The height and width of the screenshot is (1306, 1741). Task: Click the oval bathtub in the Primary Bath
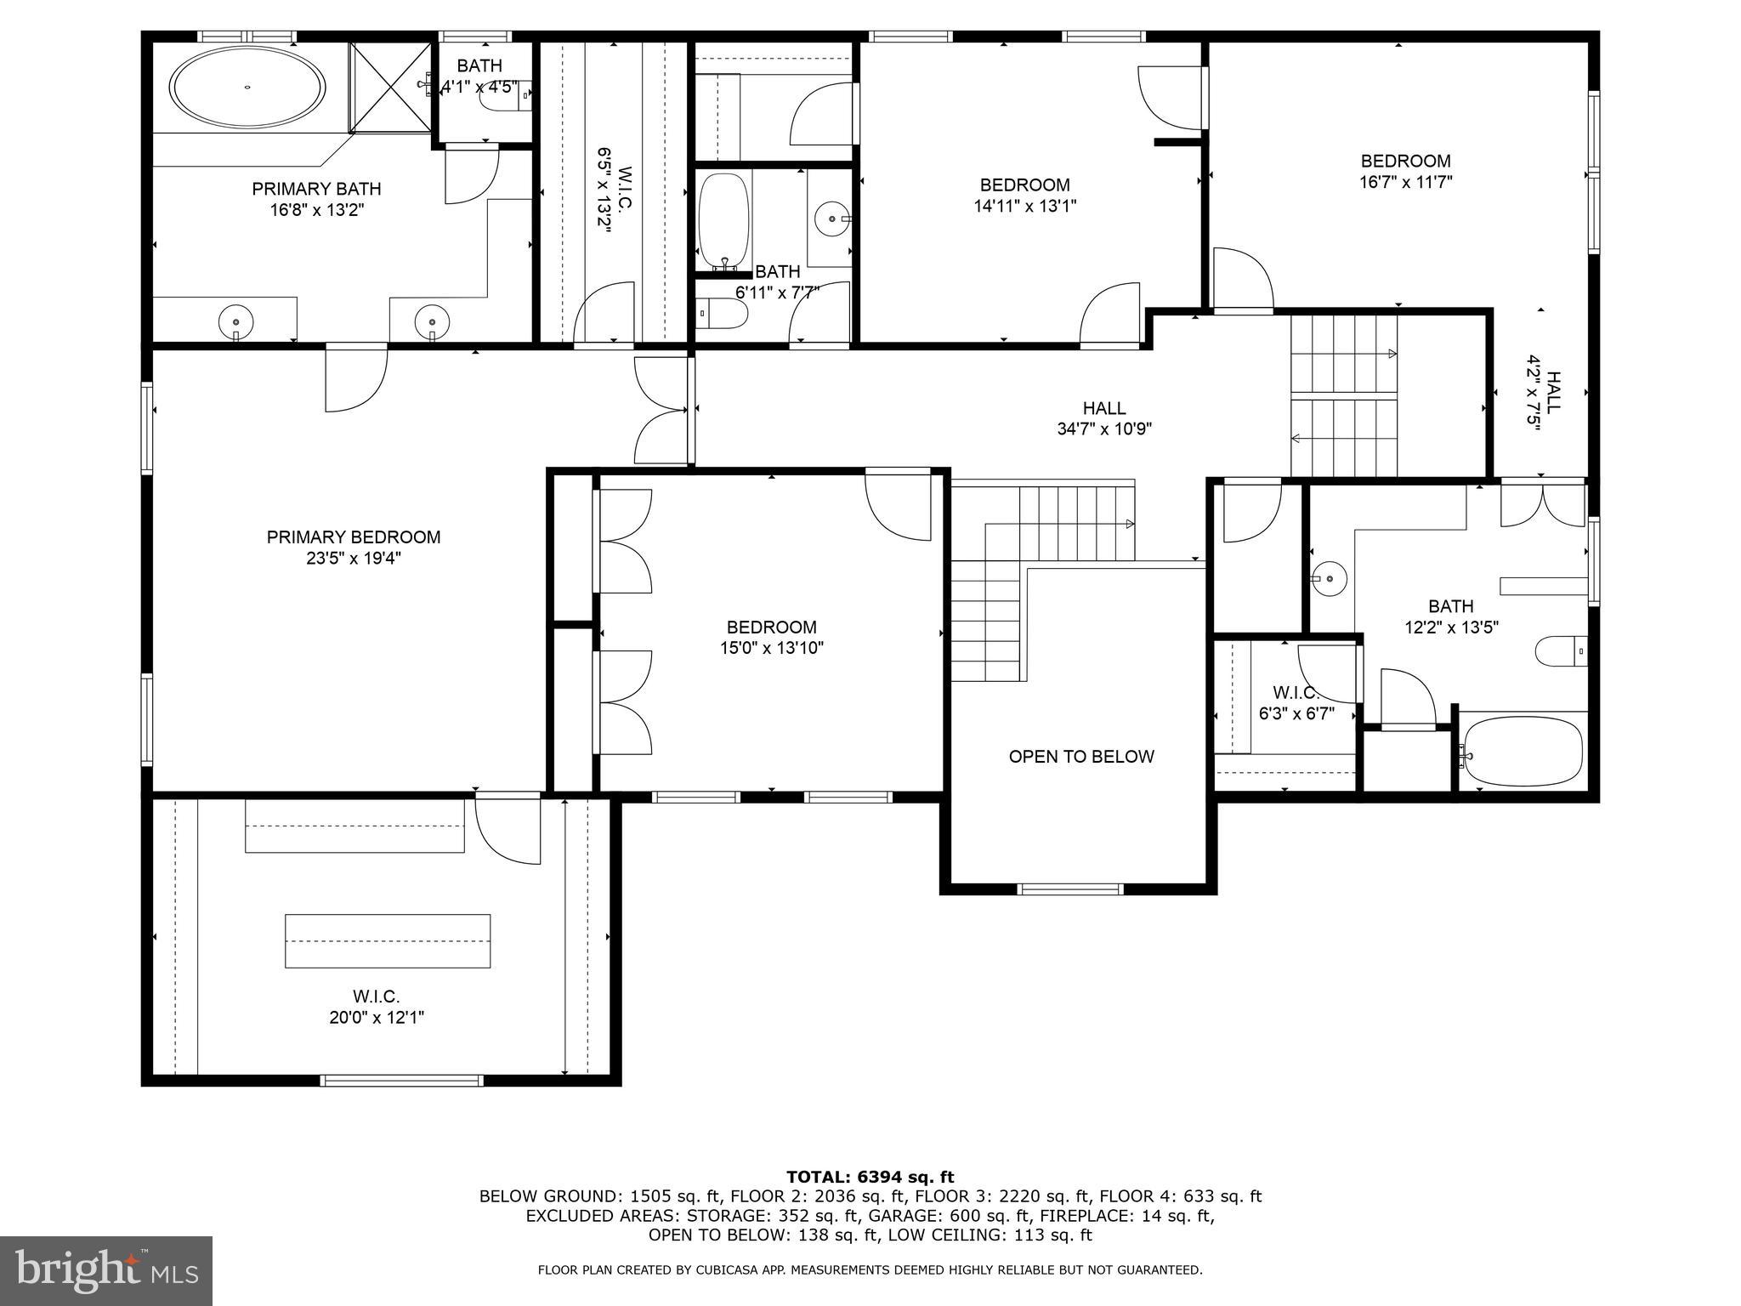click(x=247, y=87)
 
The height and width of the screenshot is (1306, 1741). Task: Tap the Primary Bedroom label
click(x=354, y=537)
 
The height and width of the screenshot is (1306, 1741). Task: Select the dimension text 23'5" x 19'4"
click(x=354, y=559)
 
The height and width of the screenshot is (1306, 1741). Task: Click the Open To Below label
click(x=1081, y=756)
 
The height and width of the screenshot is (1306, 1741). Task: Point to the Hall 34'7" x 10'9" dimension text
click(x=1104, y=429)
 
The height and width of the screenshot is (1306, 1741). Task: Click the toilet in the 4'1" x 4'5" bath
click(x=502, y=96)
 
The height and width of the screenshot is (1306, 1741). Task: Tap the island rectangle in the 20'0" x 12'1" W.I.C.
click(x=388, y=940)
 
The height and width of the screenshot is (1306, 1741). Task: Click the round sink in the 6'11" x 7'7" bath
click(x=831, y=219)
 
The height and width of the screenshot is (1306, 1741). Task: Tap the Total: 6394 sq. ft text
click(x=870, y=1177)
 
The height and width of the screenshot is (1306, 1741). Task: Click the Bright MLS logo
click(x=106, y=1270)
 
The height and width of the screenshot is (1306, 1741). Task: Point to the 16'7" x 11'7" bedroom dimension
click(x=1405, y=182)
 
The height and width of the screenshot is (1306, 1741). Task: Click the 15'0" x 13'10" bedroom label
click(x=771, y=627)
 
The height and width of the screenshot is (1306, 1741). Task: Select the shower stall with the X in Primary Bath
click(x=390, y=88)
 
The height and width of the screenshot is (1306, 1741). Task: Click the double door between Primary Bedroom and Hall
click(x=661, y=411)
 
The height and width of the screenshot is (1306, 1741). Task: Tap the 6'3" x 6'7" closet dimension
click(x=1296, y=713)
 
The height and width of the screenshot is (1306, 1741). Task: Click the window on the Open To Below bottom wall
click(x=1070, y=889)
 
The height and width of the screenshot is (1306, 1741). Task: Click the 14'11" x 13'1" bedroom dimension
click(x=1024, y=206)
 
